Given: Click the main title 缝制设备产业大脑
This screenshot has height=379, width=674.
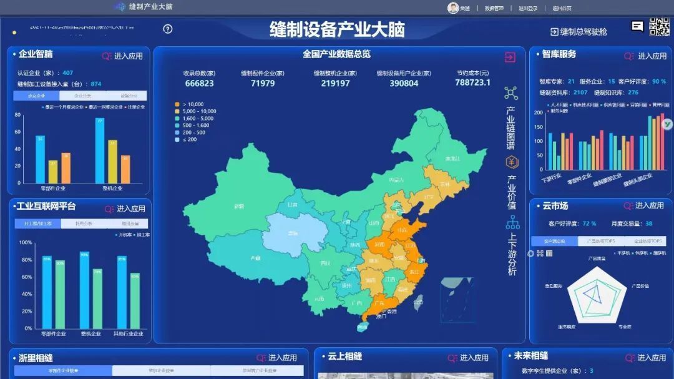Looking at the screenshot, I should point(337,29).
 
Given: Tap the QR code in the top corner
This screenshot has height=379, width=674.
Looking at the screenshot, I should point(659,29).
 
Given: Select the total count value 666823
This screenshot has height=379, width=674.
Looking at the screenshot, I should point(199,84).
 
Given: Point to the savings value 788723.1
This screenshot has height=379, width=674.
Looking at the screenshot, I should point(472,83).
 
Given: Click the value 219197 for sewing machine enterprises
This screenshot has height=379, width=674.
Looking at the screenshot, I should point(335,84).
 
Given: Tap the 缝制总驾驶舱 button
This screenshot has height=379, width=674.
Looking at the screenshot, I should point(578,32).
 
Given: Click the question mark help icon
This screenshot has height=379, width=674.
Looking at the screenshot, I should point(167,29).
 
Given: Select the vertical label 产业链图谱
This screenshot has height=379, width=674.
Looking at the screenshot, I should point(511,127).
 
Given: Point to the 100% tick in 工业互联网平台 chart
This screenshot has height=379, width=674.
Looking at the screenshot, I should point(26,242).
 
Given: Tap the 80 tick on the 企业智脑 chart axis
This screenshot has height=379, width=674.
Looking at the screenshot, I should point(18,115).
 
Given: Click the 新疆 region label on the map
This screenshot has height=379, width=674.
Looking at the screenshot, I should point(238,206).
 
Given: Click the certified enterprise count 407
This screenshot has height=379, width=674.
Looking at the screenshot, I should point(67,73).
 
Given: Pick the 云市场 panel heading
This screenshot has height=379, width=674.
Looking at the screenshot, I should point(555,205).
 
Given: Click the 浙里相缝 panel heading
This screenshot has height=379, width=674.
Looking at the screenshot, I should point(36,358).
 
